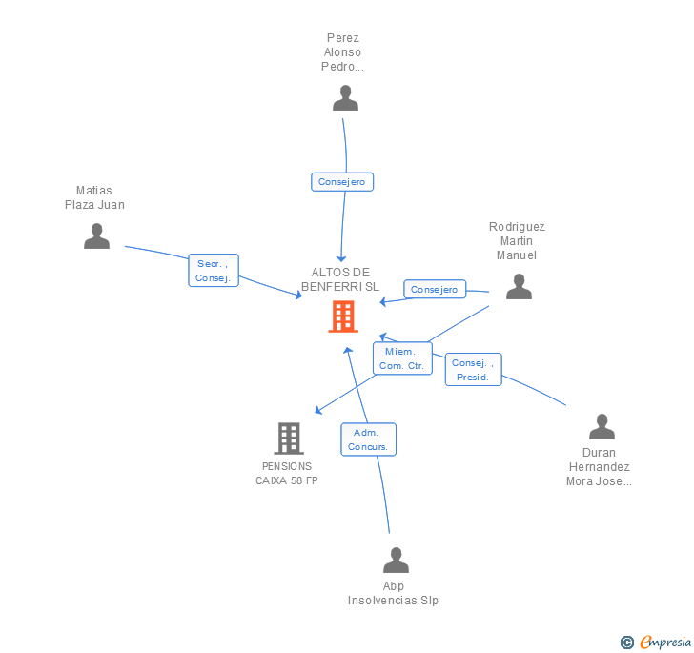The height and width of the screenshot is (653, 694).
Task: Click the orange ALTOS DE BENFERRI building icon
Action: (342, 316)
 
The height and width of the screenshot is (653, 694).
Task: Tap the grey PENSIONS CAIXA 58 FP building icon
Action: (288, 439)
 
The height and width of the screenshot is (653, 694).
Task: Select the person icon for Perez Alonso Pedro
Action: (344, 97)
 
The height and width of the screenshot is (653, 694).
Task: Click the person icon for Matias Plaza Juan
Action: (96, 235)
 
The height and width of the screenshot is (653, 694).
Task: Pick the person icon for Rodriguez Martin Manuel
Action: (519, 286)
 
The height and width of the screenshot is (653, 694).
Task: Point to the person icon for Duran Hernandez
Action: (602, 426)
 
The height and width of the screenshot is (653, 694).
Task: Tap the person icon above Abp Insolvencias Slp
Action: (395, 560)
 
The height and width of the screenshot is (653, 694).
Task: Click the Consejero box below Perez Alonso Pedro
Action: (342, 181)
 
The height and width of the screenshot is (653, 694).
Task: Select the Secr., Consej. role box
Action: (214, 271)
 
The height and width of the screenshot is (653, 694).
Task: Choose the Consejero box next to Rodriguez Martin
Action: (435, 289)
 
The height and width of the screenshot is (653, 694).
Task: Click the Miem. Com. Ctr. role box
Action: (401, 358)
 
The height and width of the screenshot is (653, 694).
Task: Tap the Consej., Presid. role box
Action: (473, 369)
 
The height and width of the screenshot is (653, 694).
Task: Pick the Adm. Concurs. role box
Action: (368, 439)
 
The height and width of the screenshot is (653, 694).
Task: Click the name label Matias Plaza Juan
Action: (94, 197)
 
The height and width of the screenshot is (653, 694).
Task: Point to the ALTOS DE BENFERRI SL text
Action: (340, 279)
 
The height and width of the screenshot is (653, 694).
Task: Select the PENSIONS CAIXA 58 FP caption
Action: (287, 473)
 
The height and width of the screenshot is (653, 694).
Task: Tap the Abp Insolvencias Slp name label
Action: (394, 593)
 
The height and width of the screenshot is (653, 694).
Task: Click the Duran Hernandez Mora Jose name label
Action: (600, 467)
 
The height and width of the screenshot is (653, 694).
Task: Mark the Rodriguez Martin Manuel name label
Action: (517, 241)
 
